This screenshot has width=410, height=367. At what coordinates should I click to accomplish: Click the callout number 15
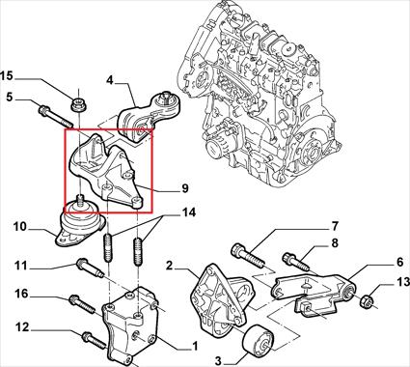tap(7, 76)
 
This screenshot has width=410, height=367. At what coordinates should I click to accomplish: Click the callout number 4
tap(110, 80)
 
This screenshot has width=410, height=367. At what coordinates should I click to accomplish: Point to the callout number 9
tap(185, 188)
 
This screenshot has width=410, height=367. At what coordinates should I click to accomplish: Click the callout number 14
tap(189, 212)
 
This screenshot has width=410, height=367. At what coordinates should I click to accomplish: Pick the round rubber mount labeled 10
tap(80, 226)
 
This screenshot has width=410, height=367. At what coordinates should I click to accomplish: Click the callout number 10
tap(20, 227)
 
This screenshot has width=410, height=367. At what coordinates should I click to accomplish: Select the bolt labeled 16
tap(83, 304)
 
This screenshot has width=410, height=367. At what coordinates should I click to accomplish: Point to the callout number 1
tap(194, 347)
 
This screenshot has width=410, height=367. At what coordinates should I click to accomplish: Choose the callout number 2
tap(170, 266)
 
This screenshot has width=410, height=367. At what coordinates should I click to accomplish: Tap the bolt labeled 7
tap(248, 256)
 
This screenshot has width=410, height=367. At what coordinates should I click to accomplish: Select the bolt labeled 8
tap(296, 262)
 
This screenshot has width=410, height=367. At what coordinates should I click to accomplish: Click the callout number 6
tap(399, 262)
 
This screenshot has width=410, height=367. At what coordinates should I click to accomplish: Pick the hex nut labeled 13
tap(366, 301)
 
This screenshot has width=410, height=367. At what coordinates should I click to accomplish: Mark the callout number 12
tap(22, 327)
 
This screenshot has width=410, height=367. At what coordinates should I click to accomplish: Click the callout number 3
tap(218, 361)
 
